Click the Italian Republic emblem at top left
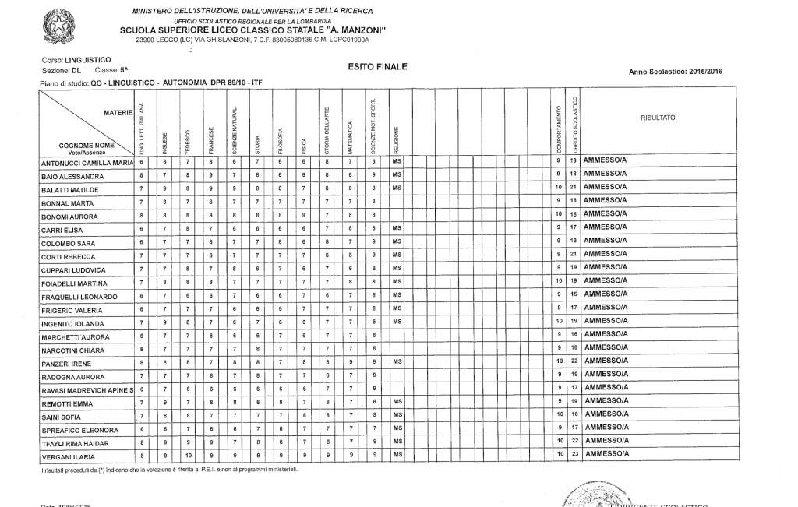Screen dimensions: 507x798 tap(58, 26)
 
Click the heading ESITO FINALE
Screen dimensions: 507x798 tap(377, 67)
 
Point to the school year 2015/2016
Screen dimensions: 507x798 tap(704, 72)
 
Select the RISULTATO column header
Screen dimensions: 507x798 tap(658, 118)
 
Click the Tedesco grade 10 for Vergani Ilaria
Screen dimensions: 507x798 tap(188, 453)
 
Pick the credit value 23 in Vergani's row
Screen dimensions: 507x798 tap(573, 453)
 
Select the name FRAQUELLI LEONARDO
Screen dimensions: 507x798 tap(79, 298)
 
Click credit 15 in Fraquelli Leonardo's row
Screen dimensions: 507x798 tap(573, 294)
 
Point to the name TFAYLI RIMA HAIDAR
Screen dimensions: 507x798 tap(79, 443)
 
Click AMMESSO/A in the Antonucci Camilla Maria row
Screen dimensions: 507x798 tap(605, 160)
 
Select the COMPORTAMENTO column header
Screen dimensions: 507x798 tap(558, 129)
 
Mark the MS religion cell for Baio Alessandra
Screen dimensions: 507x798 tap(396, 175)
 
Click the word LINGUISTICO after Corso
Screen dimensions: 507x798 tap(88, 59)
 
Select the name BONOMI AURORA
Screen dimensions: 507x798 tap(69, 217)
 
